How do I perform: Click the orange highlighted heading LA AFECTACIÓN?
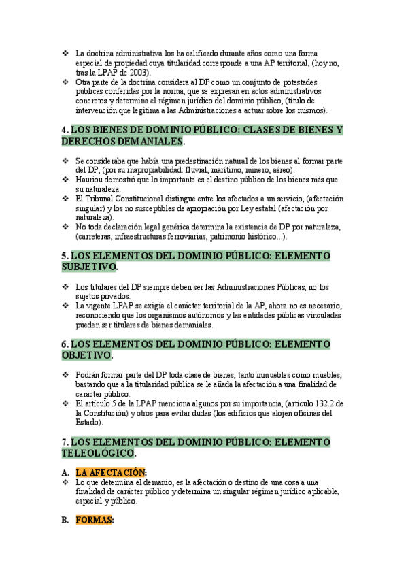(x=111, y=472)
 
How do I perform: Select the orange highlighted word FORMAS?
(x=94, y=520)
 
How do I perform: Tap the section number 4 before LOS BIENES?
(x=64, y=129)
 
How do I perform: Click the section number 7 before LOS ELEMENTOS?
(x=64, y=442)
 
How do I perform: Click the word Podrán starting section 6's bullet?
(x=88, y=375)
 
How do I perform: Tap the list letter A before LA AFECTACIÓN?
(x=65, y=472)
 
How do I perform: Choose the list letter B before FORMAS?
(x=65, y=520)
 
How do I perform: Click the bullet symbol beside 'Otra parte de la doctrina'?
(x=65, y=81)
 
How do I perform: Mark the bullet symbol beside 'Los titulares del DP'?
(x=65, y=286)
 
